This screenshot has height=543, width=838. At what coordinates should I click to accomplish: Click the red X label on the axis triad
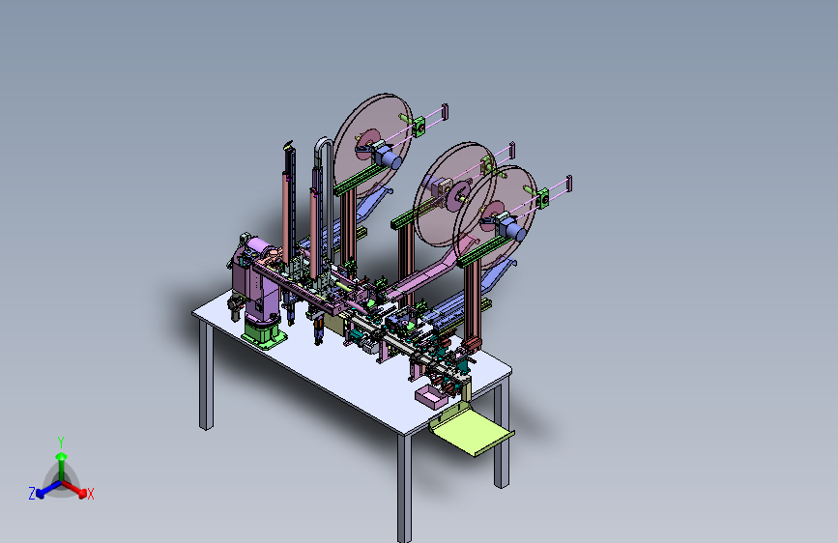click(x=90, y=494)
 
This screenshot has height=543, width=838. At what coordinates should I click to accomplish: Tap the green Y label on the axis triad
click(x=61, y=443)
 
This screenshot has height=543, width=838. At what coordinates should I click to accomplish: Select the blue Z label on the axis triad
click(x=32, y=494)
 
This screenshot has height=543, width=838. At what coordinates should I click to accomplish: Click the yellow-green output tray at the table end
click(x=472, y=428)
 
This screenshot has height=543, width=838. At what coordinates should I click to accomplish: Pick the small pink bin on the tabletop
click(x=431, y=397)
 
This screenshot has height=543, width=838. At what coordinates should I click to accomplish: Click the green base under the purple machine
click(x=263, y=331)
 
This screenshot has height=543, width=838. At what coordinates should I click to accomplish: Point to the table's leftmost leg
click(x=206, y=375)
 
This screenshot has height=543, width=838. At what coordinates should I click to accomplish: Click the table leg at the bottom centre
click(x=404, y=487)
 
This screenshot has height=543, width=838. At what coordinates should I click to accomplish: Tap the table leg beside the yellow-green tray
click(x=501, y=436)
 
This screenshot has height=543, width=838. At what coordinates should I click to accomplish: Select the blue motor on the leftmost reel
click(x=390, y=158)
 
